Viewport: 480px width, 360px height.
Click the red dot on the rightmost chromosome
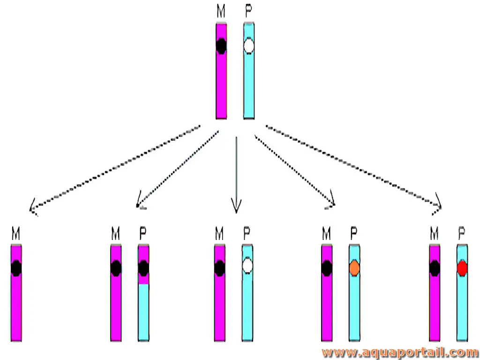point(462,268)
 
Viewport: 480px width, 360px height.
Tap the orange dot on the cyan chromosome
point(354,268)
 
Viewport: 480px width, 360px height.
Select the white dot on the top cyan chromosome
point(249,46)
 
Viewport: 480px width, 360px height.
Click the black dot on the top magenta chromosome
point(221,46)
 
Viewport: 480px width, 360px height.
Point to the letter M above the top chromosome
point(221,11)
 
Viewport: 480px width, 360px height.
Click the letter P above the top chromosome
point(249,11)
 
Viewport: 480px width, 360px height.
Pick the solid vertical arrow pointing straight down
point(236,174)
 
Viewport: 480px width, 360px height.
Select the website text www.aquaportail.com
point(400,353)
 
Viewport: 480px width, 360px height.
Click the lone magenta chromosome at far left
point(16,293)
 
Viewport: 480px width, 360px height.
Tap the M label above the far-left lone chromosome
point(16,233)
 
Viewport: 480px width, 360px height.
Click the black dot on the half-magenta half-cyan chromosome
point(143,268)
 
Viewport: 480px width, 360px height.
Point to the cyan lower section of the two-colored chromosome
point(143,313)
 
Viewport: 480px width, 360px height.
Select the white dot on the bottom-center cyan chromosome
point(247,266)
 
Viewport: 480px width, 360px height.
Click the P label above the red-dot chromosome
point(462,233)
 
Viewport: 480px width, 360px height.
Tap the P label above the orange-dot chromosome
point(354,233)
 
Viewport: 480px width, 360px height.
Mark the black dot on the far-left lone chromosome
point(16,268)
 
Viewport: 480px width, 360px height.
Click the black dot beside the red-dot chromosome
point(435,268)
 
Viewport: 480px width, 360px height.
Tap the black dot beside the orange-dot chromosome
point(327,268)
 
